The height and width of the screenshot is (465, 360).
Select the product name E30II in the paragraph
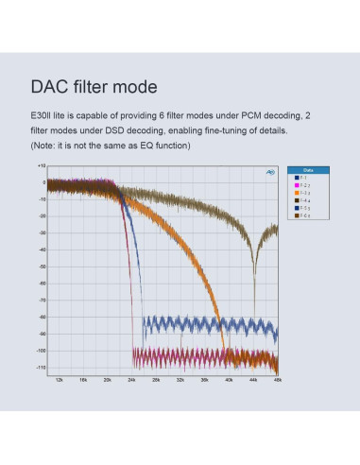point(43,115)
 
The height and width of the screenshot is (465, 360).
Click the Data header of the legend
point(308,169)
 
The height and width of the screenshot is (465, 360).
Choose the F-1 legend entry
point(303,177)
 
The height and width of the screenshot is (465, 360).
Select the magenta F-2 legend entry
point(303,184)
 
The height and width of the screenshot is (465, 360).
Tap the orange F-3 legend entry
point(303,192)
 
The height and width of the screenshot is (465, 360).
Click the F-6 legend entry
point(303,215)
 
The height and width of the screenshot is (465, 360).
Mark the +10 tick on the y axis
point(41,165)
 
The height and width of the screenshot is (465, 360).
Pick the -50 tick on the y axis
point(41,267)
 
